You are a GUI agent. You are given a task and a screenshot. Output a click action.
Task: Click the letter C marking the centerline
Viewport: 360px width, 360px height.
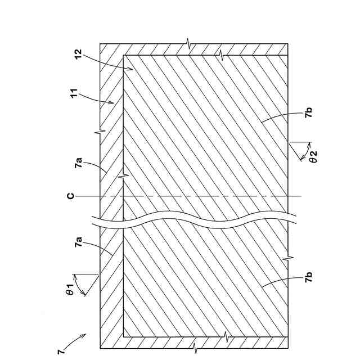(x=70, y=196)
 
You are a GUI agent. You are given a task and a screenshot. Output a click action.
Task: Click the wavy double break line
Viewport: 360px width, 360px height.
(x=197, y=222)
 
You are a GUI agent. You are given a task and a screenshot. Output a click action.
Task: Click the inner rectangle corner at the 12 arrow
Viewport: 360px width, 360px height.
(x=123, y=55)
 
